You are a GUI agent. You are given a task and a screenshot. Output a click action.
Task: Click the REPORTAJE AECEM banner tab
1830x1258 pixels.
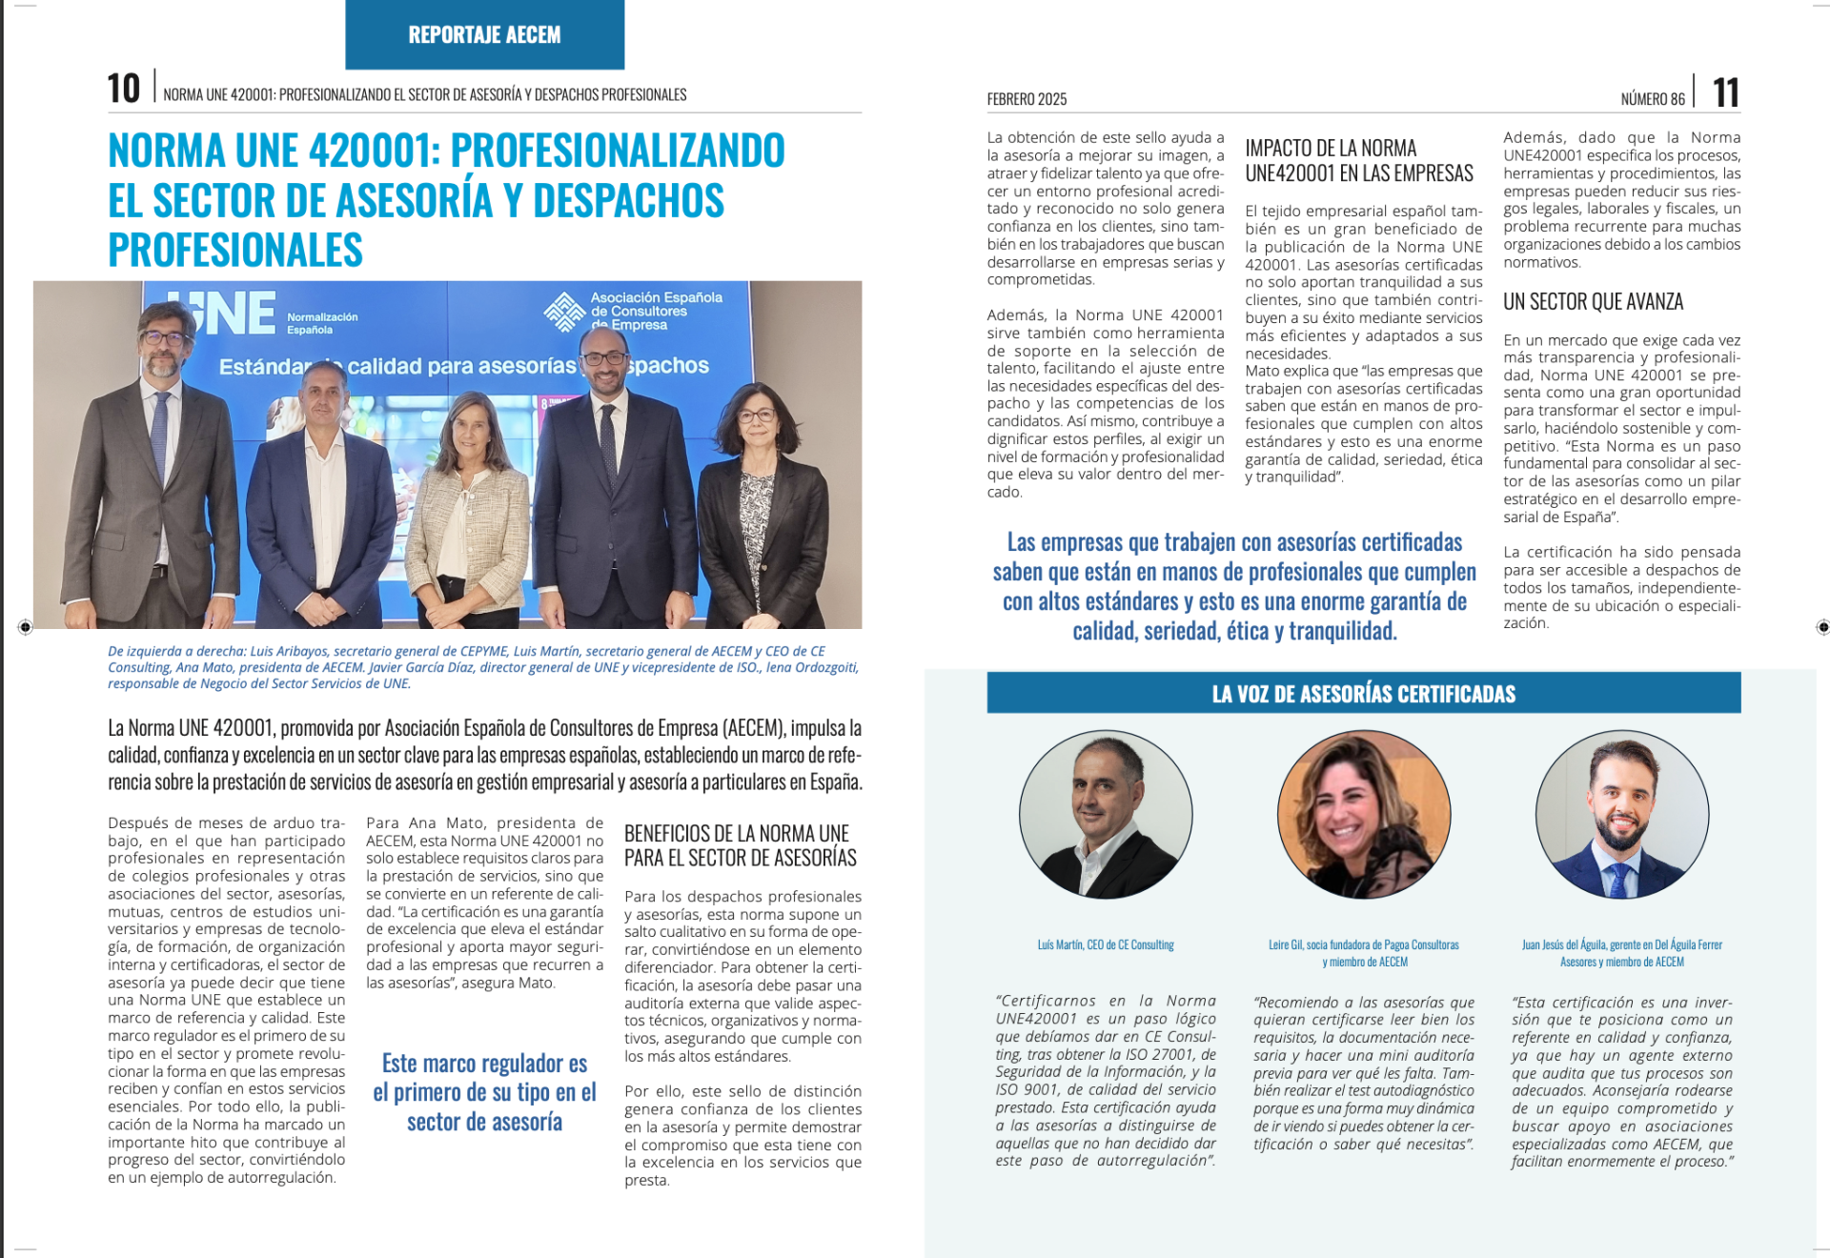point(484,35)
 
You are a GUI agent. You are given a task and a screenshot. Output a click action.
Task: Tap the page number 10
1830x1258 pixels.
point(124,90)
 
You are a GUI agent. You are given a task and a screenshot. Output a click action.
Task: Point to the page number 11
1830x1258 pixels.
point(1725,93)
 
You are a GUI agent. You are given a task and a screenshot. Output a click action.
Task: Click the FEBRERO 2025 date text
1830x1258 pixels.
point(1027,99)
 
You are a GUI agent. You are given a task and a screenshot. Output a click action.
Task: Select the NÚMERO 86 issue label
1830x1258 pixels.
point(1652,99)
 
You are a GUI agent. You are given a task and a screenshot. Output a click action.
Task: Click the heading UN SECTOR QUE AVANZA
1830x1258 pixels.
point(1593,302)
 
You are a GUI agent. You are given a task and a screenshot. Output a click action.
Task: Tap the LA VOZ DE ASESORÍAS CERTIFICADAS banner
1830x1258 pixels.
point(1363,694)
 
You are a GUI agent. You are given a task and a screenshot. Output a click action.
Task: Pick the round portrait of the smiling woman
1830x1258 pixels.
point(1363,815)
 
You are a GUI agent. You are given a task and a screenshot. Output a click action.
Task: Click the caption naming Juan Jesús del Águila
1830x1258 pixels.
point(1621,953)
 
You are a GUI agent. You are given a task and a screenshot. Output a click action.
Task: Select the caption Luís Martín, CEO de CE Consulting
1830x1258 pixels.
point(1106,944)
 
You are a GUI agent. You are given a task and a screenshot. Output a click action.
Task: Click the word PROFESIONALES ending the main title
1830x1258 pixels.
point(235,250)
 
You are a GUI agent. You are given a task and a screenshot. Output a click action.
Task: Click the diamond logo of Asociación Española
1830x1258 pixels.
point(563,312)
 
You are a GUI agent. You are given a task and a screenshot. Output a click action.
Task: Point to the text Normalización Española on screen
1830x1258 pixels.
point(322,323)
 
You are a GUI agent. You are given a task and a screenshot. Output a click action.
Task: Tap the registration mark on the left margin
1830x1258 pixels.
point(26,626)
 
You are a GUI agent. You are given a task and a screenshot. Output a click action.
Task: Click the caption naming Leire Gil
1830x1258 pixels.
point(1363,953)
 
